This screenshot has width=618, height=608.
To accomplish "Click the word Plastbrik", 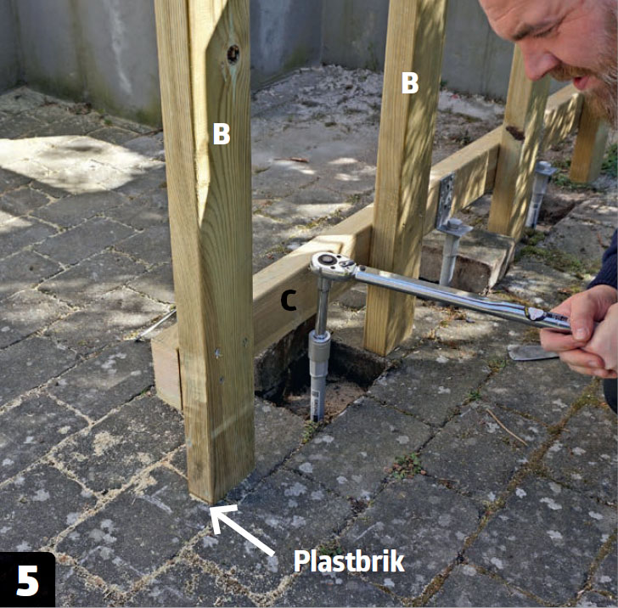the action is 349,561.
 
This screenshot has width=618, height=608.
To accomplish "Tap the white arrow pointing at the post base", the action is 241,529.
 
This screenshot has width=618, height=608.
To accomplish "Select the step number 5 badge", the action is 27,580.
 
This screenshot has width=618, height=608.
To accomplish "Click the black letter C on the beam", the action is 288,301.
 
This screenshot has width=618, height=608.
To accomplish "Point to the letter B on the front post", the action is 221,133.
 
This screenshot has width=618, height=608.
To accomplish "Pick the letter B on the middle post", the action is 409,83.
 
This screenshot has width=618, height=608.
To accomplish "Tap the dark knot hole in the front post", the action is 233,54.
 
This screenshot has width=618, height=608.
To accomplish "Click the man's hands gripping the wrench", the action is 579,332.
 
